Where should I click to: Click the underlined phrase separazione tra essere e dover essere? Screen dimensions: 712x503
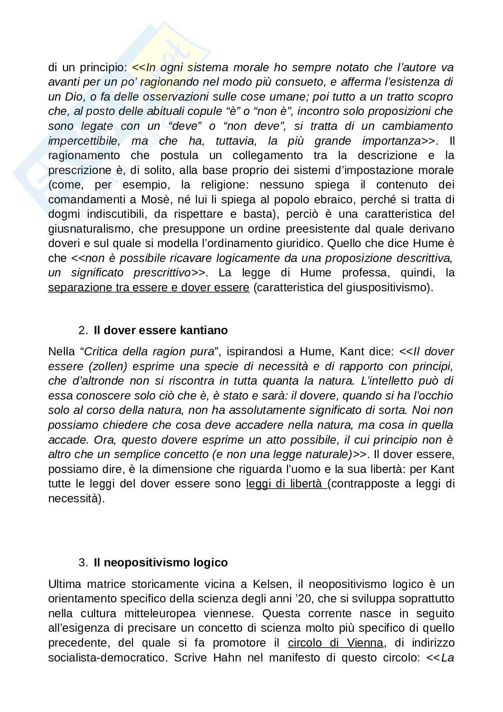149,287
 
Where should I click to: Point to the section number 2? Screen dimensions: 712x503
83,330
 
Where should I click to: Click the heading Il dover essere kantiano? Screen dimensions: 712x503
160,330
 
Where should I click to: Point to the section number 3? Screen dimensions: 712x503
83,562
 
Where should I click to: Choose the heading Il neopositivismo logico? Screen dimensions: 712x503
160,562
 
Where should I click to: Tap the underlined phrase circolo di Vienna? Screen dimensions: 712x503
335,643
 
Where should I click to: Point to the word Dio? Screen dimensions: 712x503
71,96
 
